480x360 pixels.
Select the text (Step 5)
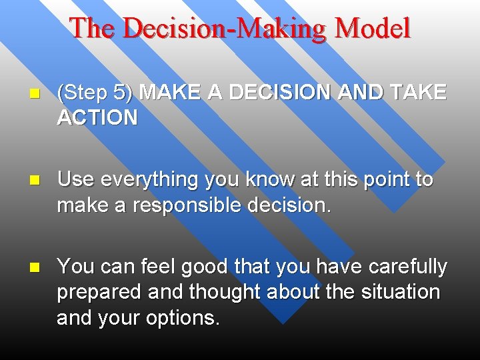point(96,93)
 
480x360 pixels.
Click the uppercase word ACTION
point(97,118)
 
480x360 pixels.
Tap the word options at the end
point(185,318)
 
